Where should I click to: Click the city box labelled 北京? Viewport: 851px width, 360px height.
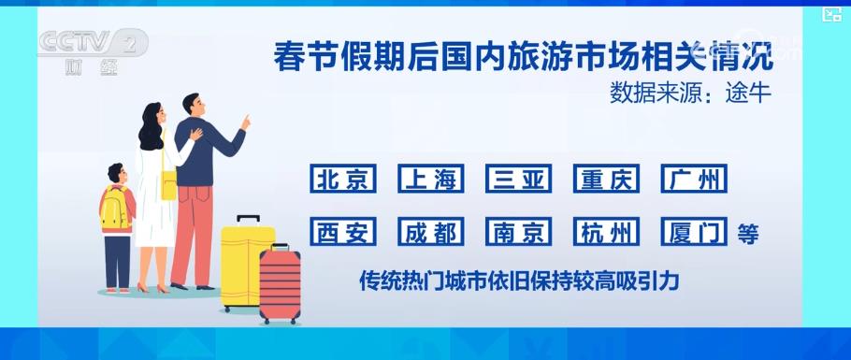343,179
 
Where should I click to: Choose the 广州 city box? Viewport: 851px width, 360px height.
693,179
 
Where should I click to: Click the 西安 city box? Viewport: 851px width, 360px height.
343,232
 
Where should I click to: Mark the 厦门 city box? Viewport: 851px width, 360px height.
693,232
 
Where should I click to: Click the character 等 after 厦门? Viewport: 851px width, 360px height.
747,233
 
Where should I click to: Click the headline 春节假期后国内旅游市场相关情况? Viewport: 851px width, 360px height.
523,56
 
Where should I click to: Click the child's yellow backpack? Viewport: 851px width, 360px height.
115,209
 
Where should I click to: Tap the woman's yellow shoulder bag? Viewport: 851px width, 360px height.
168,184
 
